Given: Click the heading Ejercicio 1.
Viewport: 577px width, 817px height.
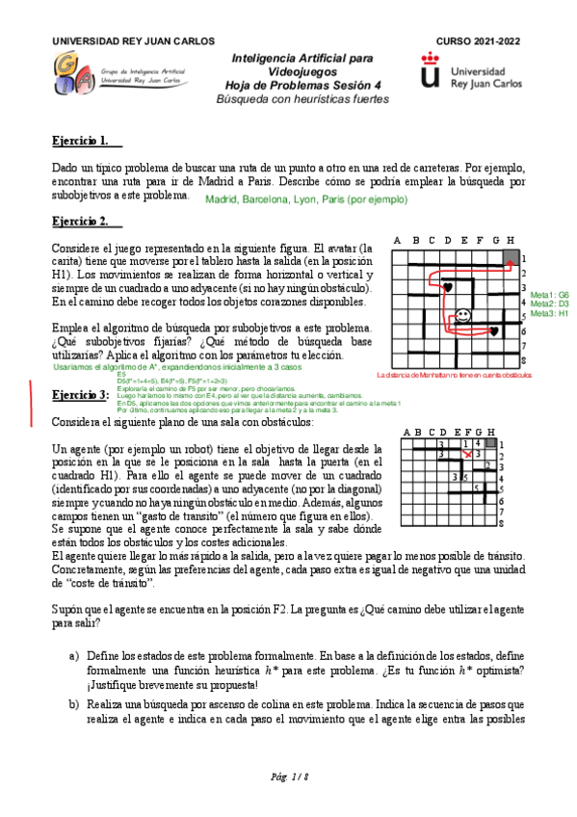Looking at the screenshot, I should [80, 142].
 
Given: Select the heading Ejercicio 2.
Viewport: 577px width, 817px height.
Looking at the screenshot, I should [80, 222].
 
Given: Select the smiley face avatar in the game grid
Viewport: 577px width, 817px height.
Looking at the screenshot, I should [464, 315].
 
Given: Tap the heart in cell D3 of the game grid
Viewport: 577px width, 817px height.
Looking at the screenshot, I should [447, 287].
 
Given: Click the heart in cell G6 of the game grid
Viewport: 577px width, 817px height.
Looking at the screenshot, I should [495, 331].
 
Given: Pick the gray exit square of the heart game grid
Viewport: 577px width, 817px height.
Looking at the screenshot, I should [511, 257].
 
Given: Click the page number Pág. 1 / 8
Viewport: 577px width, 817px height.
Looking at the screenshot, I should [288, 777].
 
